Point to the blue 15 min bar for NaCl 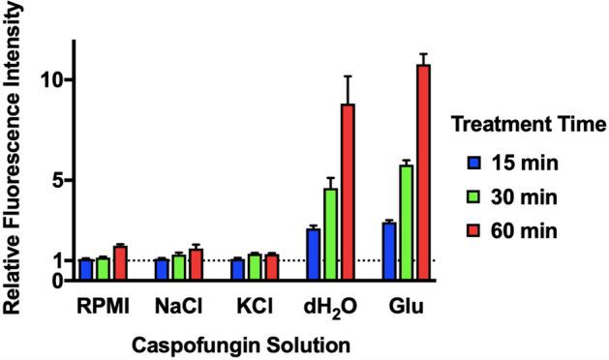[x=162, y=269]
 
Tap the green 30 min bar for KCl [x=255, y=267]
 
